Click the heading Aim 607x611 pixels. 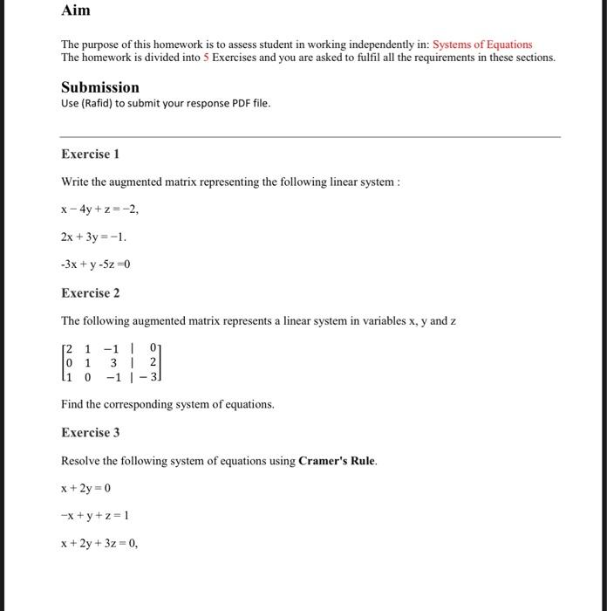(76, 11)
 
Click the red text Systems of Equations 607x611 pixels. (482, 45)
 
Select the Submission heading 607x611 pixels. (100, 87)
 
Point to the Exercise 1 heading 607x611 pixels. (90, 154)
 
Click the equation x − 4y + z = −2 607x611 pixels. (99, 209)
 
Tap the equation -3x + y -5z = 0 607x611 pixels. (96, 264)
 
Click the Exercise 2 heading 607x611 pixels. (90, 292)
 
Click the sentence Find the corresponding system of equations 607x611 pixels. (167, 404)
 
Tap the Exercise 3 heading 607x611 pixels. (90, 432)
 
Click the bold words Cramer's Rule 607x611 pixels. (337, 460)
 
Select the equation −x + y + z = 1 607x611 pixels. (94, 515)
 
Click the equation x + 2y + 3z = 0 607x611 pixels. (99, 543)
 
